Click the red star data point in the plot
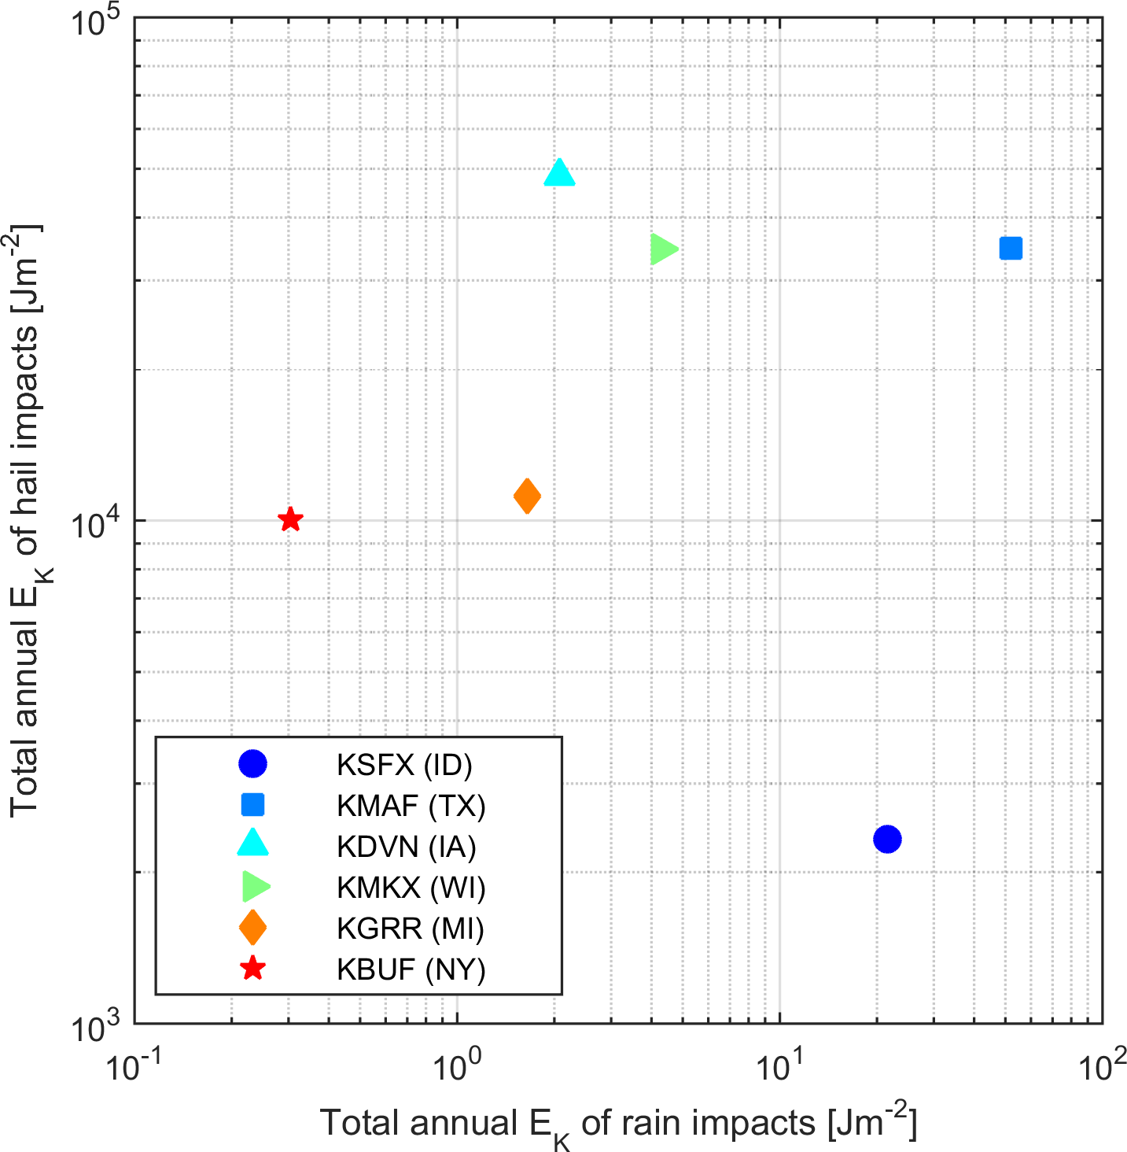coord(290,519)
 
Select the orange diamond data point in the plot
coord(527,496)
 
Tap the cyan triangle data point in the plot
coord(559,173)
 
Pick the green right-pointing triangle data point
coord(663,249)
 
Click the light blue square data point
coord(1011,248)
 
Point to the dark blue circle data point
coord(887,839)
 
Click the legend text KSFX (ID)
coord(404,765)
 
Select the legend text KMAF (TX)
coord(411,806)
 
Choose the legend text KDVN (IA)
coord(406,847)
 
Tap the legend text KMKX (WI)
coord(411,888)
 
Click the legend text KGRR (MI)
coord(410,929)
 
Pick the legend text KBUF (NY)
coord(411,969)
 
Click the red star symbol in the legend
coord(252,968)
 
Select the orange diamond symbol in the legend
coord(252,927)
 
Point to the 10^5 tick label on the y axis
coord(96,22)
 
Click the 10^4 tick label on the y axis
coord(96,524)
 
